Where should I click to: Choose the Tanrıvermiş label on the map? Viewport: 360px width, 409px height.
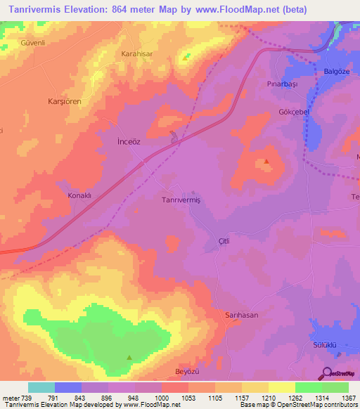(181, 200)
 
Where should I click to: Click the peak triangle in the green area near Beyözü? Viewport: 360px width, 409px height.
(129, 357)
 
